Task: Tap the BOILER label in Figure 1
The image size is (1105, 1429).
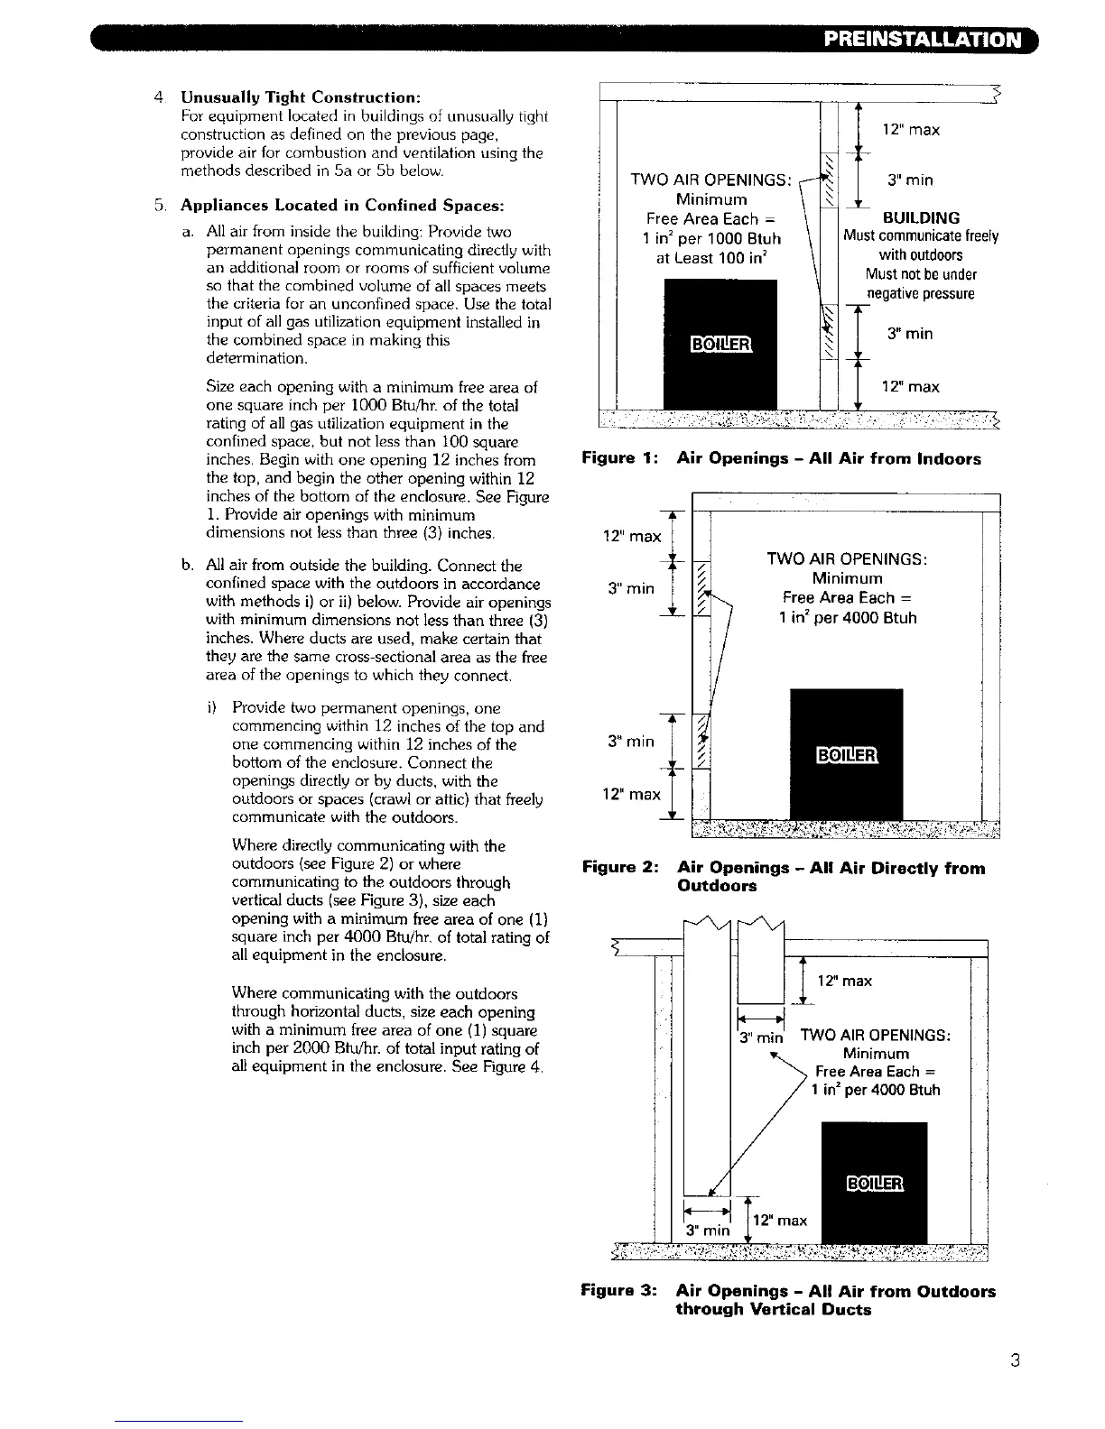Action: coord(720,345)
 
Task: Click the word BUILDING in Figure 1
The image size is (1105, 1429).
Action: coord(921,217)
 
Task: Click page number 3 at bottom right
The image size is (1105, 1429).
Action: coord(1015,1361)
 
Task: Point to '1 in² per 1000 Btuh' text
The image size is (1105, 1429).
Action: coord(713,239)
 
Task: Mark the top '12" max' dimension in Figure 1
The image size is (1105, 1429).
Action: coord(912,130)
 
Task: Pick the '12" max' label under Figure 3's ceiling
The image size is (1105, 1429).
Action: coord(844,981)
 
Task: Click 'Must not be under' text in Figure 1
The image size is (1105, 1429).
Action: coord(921,274)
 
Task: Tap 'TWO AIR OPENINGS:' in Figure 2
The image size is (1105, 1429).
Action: coord(848,559)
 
